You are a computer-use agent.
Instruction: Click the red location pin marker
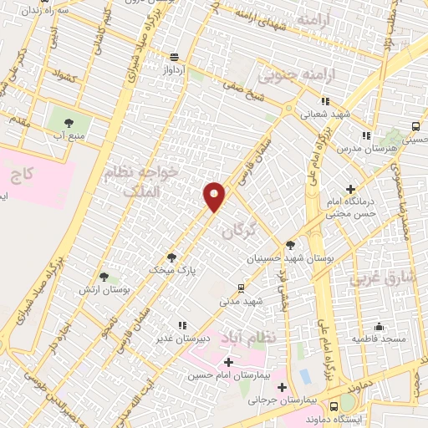click(x=215, y=196)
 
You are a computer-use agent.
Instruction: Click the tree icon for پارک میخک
click(x=172, y=257)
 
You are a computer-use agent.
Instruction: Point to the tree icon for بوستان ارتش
click(x=104, y=276)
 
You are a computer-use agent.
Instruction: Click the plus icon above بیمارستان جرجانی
click(x=283, y=387)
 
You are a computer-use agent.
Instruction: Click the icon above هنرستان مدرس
click(x=365, y=135)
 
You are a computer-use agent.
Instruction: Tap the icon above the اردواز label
click(x=173, y=57)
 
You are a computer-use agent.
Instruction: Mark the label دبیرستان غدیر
click(x=182, y=339)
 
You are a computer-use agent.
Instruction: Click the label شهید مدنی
click(x=242, y=300)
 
